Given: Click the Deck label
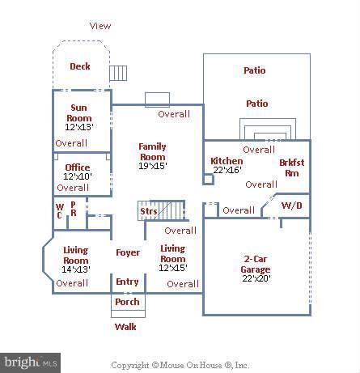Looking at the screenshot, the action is (x=80, y=66).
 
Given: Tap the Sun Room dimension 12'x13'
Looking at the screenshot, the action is (x=79, y=127).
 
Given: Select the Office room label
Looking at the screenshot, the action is (x=78, y=167).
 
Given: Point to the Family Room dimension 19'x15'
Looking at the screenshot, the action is (x=153, y=166).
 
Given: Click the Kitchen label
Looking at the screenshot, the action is (x=227, y=161).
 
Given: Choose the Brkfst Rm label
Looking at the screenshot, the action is (x=292, y=167).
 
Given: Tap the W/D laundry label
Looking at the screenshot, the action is (x=292, y=206).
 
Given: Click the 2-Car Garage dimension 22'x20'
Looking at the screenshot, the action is (x=256, y=278).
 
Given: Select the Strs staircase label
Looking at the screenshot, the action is (x=149, y=211).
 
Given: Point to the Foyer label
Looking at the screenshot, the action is (x=128, y=252).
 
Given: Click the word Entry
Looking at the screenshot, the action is (x=127, y=282).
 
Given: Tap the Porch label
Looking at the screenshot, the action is (x=127, y=302).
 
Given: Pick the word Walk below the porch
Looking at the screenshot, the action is (x=125, y=327).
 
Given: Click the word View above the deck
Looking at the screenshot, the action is (x=100, y=26).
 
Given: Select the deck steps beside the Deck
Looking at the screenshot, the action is (x=118, y=73).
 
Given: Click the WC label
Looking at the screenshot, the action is (x=60, y=211).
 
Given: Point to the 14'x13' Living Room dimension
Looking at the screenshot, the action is (x=76, y=269).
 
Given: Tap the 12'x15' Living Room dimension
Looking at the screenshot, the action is (x=173, y=268).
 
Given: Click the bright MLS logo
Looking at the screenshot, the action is (x=30, y=362).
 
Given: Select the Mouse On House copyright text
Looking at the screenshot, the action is (x=180, y=365).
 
